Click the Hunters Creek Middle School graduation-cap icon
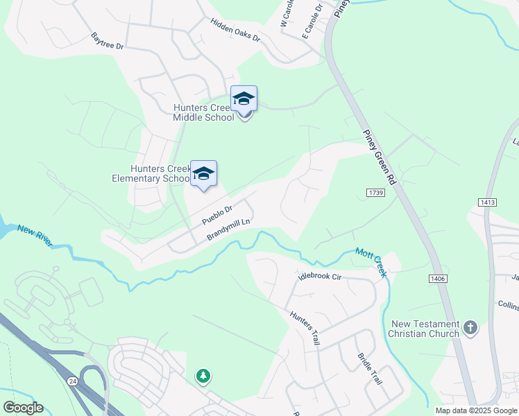pyautogui.click(x=244, y=98)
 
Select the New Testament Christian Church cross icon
pyautogui.click(x=470, y=327)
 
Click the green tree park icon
pyautogui.click(x=203, y=376)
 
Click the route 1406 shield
pyautogui.click(x=438, y=278)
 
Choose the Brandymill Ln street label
pyautogui.click(x=228, y=227)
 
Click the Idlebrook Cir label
pyautogui.click(x=320, y=277)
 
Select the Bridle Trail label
pyautogui.click(x=369, y=369)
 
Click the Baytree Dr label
pyautogui.click(x=107, y=41)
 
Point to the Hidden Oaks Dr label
pyautogui.click(x=235, y=30)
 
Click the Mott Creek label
pyautogui.click(x=371, y=262)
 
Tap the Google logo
pyautogui.click(x=23, y=408)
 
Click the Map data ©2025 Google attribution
pyautogui.click(x=475, y=410)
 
